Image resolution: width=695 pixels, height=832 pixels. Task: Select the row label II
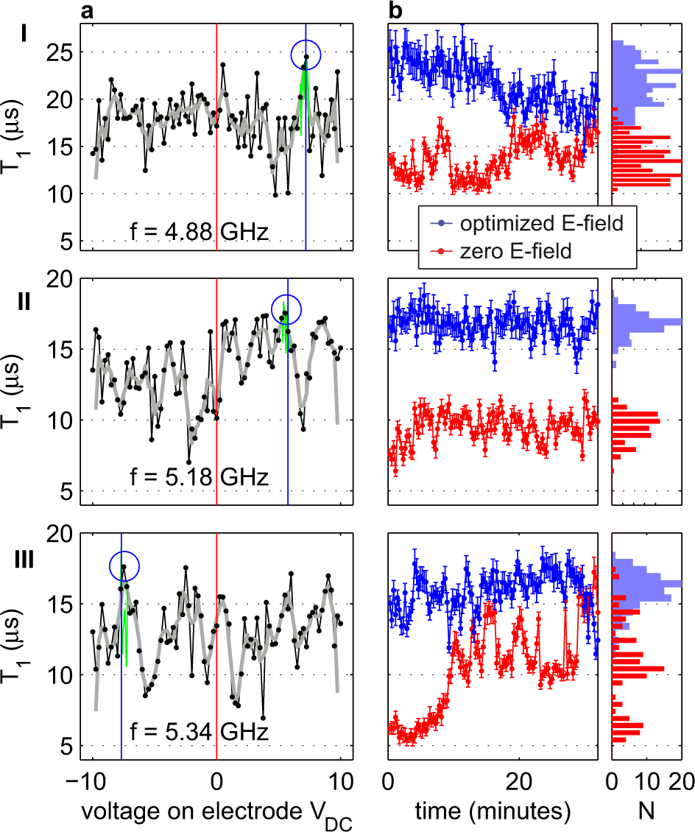coord(24,301)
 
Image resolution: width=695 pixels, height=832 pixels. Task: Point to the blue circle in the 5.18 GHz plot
coord(286,309)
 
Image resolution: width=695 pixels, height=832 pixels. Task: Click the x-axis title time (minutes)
coord(493,811)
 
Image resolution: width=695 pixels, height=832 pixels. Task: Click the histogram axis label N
coord(646,811)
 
